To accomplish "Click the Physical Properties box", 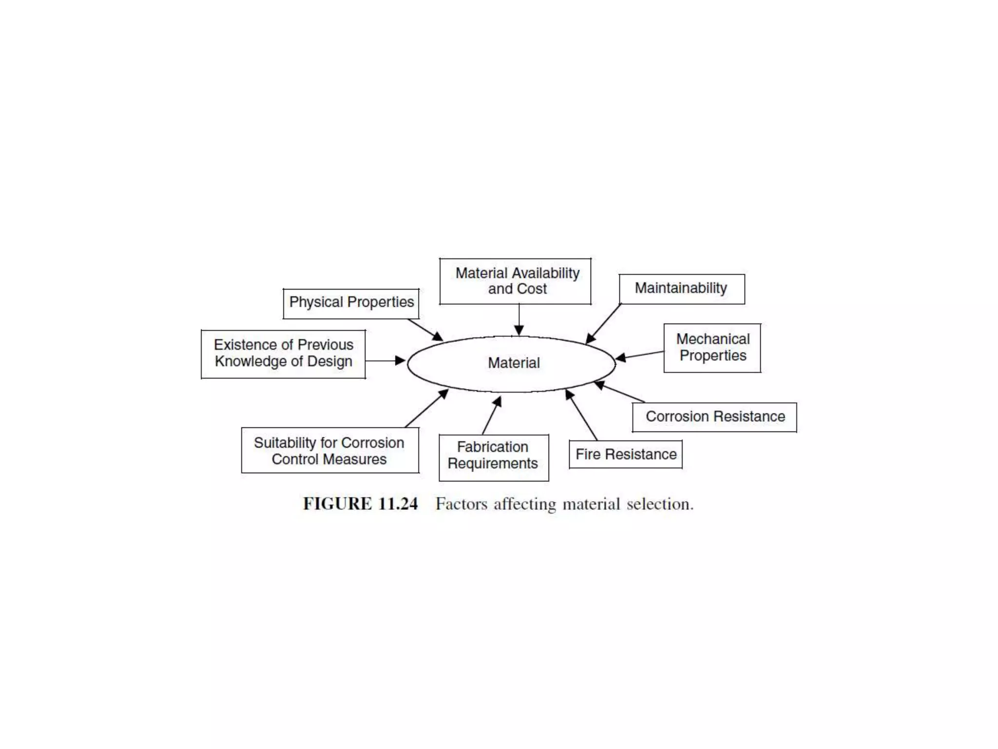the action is [x=351, y=303].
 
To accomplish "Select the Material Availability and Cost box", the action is [x=515, y=281].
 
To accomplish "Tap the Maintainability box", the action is [x=681, y=289].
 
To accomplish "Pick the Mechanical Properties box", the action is [x=712, y=348].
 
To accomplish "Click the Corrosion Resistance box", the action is [x=714, y=417].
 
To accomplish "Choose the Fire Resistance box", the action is [x=626, y=454].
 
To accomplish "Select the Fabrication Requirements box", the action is [x=493, y=457].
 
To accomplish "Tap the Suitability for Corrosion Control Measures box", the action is [x=329, y=451].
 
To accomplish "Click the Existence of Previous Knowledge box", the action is [x=283, y=354].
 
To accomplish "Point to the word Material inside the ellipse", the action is [x=514, y=363].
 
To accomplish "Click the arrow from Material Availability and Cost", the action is [x=519, y=320].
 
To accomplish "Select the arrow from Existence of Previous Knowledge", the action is [x=385, y=361].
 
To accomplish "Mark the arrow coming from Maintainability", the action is [x=603, y=324].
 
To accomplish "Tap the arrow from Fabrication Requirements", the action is [x=492, y=415].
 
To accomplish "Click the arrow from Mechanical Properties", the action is [x=639, y=355].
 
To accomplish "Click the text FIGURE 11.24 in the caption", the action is [x=360, y=504].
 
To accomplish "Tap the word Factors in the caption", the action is [x=461, y=504].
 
